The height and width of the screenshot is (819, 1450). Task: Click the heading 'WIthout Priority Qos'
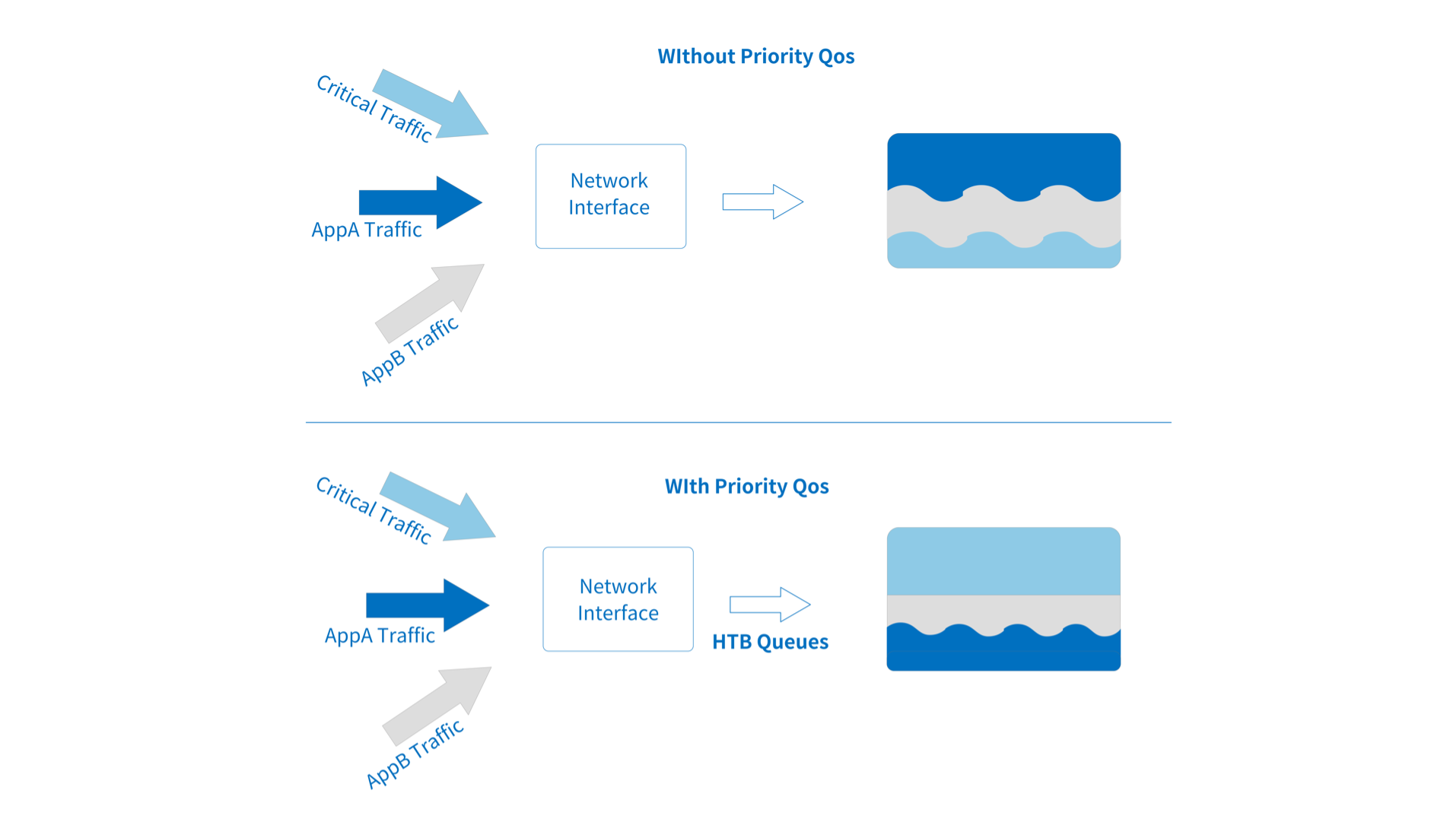(755, 56)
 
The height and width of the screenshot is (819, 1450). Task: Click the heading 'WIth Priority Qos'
(746, 486)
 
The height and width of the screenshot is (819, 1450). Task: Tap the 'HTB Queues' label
(770, 642)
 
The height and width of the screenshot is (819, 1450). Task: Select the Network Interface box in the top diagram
(610, 195)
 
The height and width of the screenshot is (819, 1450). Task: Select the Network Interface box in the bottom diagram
(618, 598)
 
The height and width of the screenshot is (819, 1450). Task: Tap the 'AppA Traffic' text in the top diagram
(367, 230)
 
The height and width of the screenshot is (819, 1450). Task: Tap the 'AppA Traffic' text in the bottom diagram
(380, 636)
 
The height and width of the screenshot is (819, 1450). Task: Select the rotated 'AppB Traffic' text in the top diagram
(409, 351)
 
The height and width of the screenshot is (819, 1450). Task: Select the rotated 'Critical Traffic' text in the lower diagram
(374, 510)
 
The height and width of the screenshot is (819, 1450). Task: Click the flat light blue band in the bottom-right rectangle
(1003, 561)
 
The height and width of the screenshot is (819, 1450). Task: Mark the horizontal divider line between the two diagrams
(738, 422)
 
